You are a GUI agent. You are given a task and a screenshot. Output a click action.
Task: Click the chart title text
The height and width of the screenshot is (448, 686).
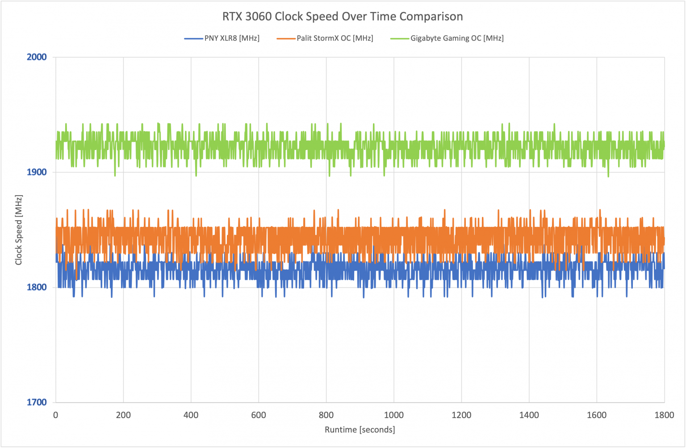(343, 17)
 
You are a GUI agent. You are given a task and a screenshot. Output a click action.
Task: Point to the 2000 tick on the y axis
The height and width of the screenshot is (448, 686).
(38, 57)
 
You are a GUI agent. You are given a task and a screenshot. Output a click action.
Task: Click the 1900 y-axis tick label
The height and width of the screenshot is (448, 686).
(38, 172)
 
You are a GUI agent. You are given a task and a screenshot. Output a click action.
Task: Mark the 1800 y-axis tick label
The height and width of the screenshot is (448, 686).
(38, 287)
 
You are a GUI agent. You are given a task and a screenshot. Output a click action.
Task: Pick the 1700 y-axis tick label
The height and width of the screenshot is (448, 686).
(38, 402)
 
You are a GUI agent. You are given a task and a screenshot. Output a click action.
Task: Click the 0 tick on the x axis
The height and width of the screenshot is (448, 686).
(55, 415)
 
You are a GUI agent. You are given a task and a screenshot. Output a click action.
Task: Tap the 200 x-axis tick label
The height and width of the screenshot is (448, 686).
(123, 415)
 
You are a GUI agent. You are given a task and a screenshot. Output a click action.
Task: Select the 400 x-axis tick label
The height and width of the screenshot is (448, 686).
(191, 415)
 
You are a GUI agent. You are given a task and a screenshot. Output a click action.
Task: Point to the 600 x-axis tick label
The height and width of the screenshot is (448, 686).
(259, 415)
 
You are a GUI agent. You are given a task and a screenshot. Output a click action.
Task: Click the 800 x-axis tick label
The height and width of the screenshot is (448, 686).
(326, 415)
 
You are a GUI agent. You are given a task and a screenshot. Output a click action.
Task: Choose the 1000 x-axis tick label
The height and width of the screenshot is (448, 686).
(393, 415)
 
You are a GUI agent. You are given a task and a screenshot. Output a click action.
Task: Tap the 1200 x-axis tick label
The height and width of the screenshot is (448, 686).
(461, 415)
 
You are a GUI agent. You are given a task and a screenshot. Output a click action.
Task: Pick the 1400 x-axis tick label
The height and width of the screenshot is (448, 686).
(529, 415)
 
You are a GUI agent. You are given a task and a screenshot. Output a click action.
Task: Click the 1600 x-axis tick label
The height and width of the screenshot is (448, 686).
(597, 415)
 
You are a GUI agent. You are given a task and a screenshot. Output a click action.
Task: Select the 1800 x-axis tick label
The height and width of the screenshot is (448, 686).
(664, 415)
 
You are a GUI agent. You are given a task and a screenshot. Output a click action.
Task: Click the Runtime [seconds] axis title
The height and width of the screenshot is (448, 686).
(360, 430)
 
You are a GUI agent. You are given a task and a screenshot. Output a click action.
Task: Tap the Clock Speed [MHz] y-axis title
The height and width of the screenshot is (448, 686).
(19, 230)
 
